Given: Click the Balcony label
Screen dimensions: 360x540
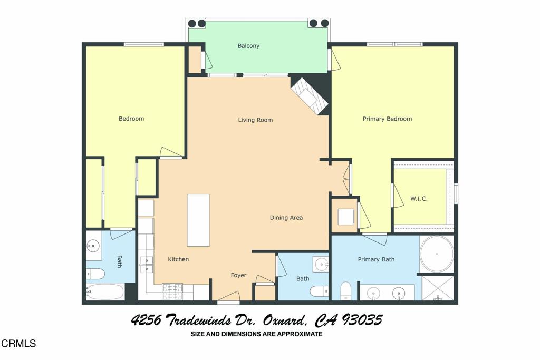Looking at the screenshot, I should (248, 46).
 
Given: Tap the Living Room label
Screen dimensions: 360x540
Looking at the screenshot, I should (255, 120).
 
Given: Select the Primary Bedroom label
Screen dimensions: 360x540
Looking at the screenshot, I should (387, 119).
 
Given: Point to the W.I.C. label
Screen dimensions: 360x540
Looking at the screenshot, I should (419, 199).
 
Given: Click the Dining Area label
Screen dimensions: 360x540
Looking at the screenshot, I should (286, 218).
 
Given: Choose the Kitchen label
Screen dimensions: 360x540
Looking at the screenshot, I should (178, 259).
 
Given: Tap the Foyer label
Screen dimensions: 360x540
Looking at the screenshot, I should (238, 275).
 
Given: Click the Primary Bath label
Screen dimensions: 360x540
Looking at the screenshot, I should (376, 259).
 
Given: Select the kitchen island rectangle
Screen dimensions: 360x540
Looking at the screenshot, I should (198, 220).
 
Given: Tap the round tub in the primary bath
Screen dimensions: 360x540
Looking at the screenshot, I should (437, 254).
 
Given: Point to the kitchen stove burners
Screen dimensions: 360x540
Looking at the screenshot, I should (172, 291).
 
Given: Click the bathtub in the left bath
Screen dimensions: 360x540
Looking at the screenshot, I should (104, 291).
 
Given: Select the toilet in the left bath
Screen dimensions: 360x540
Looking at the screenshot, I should (95, 274).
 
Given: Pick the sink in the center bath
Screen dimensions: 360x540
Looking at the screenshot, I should (320, 263).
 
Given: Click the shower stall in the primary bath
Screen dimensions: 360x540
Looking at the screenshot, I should (438, 288).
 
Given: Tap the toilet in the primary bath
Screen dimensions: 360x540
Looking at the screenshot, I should (346, 290).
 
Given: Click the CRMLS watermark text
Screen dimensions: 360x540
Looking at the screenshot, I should (18, 344).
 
